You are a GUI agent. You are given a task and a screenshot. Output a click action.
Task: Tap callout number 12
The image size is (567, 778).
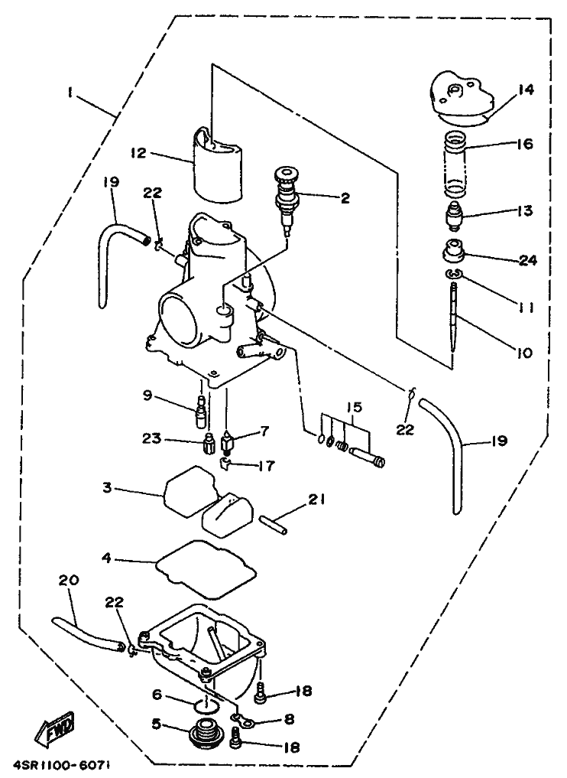tap(137, 153)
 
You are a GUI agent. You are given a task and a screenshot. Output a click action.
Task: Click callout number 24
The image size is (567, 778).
tap(526, 260)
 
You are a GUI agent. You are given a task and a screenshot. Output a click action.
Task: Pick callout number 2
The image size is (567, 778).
tap(345, 198)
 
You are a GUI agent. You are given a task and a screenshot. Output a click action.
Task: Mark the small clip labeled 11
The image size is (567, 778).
tap(454, 275)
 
